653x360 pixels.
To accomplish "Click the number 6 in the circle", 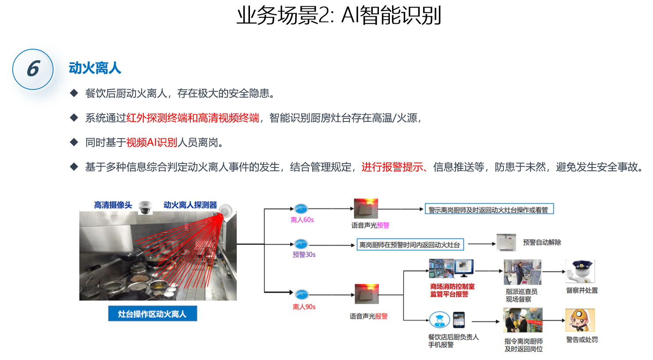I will click(x=33, y=69).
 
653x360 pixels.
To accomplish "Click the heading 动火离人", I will click(x=95, y=68).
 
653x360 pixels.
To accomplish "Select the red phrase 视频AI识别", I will click(x=151, y=143).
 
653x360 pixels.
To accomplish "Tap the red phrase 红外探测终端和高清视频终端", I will click(x=193, y=118).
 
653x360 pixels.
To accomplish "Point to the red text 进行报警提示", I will click(x=392, y=167).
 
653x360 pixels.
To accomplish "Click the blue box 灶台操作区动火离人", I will click(x=152, y=314).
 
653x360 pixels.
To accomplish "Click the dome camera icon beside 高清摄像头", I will click(x=145, y=207).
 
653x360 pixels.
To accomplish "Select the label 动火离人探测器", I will click(x=190, y=205).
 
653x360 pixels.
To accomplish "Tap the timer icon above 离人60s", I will click(x=301, y=209).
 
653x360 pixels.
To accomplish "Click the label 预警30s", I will click(x=304, y=255).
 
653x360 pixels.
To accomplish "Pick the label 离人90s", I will click(x=304, y=307).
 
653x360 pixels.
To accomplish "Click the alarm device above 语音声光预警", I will click(x=366, y=209).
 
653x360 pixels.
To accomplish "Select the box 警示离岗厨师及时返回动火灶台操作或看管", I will click(x=489, y=210).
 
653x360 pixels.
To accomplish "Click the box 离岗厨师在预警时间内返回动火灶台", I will click(x=410, y=245).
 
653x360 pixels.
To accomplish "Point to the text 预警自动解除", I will click(x=542, y=242).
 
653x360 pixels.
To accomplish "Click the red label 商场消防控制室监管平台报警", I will click(x=452, y=290).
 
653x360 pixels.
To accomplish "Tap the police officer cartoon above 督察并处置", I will click(x=580, y=271).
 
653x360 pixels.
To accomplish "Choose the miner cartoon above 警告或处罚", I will click(x=580, y=320).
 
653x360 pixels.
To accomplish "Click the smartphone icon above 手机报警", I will click(x=459, y=320).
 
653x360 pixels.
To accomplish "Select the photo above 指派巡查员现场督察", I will click(x=522, y=272).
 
